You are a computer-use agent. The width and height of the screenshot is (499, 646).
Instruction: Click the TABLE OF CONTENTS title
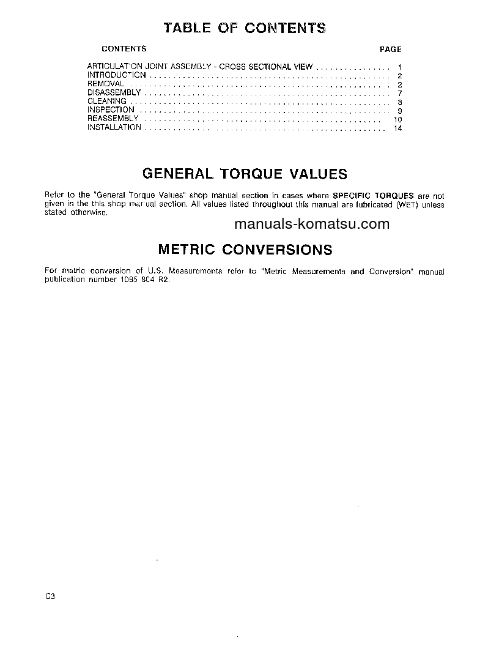(x=245, y=28)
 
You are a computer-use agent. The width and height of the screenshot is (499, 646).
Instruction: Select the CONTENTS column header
(x=124, y=49)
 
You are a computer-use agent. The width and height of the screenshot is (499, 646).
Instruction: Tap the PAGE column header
(x=390, y=50)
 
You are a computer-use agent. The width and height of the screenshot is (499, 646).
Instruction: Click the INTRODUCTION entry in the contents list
(x=116, y=75)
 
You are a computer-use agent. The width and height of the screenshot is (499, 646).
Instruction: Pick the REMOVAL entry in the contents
(x=106, y=84)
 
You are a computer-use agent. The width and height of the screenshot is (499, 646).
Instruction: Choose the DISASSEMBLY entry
(x=114, y=92)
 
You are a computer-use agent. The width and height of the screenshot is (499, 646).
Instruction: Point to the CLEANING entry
(x=107, y=101)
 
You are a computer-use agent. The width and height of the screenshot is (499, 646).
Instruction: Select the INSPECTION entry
(x=111, y=110)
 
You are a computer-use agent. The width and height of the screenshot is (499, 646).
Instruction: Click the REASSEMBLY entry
(x=113, y=119)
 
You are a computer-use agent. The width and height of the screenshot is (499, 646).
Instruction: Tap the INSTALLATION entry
(x=114, y=127)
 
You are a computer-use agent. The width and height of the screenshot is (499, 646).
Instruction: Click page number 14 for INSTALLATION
(x=398, y=128)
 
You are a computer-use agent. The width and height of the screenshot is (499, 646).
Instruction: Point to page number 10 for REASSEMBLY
(x=398, y=119)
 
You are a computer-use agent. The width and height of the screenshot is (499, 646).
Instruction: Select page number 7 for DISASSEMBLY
(x=399, y=93)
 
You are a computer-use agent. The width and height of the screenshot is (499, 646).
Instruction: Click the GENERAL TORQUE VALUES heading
(x=245, y=174)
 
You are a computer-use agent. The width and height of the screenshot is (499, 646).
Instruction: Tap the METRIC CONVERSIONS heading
(x=245, y=250)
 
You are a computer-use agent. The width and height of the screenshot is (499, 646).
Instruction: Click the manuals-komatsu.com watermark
(x=311, y=224)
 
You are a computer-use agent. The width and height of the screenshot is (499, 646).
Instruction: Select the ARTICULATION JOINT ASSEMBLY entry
(x=200, y=66)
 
